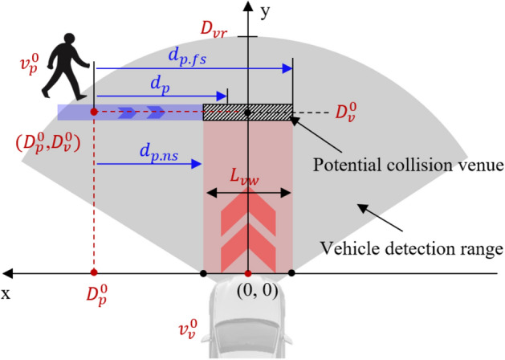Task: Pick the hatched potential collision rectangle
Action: pyautogui.click(x=247, y=112)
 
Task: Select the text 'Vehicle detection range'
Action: pyautogui.click(x=411, y=248)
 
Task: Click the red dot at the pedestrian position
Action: pyautogui.click(x=94, y=112)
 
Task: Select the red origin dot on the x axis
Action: pyautogui.click(x=247, y=274)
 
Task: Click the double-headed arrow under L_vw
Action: pyautogui.click(x=247, y=193)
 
